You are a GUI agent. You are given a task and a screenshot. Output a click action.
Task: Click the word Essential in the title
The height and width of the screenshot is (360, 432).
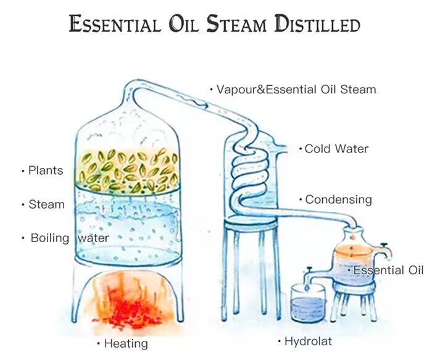pyautogui.click(x=115, y=23)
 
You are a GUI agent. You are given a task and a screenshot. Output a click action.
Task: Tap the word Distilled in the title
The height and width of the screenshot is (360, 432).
pyautogui.click(x=317, y=23)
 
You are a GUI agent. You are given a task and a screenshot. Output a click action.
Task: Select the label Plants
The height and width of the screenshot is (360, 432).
pyautogui.click(x=46, y=170)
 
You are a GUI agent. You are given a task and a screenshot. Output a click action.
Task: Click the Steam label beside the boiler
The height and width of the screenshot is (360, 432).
pyautogui.click(x=46, y=204)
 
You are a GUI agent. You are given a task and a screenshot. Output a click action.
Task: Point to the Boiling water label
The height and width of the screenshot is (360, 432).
pyautogui.click(x=70, y=238)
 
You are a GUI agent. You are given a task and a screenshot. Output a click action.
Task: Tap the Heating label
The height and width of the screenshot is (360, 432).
pyautogui.click(x=126, y=344)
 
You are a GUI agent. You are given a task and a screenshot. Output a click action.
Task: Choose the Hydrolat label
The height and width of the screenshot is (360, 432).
pyautogui.click(x=308, y=341)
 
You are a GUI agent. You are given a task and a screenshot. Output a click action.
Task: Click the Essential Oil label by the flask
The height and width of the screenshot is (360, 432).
pyautogui.click(x=388, y=270)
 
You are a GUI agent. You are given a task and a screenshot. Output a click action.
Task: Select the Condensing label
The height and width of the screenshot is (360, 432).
pyautogui.click(x=339, y=199)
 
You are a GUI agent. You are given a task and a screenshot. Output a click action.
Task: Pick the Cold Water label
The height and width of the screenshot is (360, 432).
pyautogui.click(x=336, y=149)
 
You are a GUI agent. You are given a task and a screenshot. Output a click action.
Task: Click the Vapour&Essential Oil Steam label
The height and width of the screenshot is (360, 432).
pyautogui.click(x=296, y=90)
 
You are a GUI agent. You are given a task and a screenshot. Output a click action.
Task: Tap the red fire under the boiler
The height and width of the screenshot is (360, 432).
pyautogui.click(x=130, y=303)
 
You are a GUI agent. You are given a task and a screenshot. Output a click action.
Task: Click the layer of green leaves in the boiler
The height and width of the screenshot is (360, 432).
pyautogui.click(x=128, y=171)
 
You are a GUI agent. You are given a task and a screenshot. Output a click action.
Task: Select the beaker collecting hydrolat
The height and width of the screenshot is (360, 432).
pyautogui.click(x=309, y=303)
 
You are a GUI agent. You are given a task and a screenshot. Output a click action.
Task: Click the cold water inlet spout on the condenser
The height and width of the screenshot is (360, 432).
pyautogui.click(x=281, y=149)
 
